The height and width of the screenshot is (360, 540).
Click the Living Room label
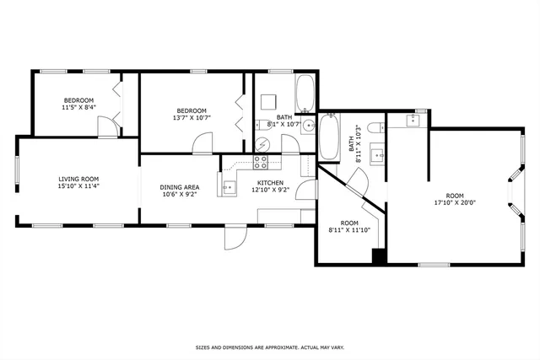pyautogui.click(x=78, y=179)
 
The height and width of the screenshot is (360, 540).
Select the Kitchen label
pyautogui.click(x=270, y=183)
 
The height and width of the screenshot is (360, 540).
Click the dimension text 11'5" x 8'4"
pyautogui.click(x=78, y=108)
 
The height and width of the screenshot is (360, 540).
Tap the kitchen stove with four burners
pyautogui.click(x=261, y=162)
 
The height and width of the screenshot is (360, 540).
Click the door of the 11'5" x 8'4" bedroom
pyautogui.click(x=106, y=127)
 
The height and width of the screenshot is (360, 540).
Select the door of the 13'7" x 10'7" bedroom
pyautogui.click(x=202, y=144)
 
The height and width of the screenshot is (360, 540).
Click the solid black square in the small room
pyautogui.click(x=379, y=258)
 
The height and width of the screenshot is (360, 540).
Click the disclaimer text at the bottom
pyautogui.click(x=269, y=347)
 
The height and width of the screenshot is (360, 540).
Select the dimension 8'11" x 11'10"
pyautogui.click(x=348, y=229)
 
